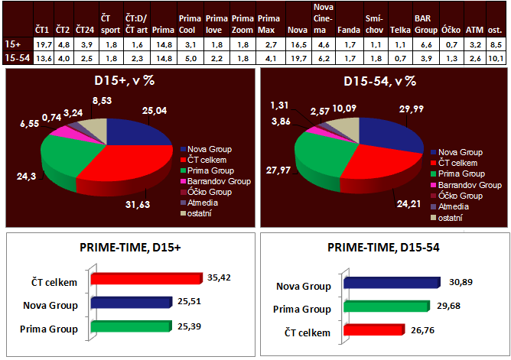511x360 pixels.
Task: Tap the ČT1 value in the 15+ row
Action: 44,45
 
